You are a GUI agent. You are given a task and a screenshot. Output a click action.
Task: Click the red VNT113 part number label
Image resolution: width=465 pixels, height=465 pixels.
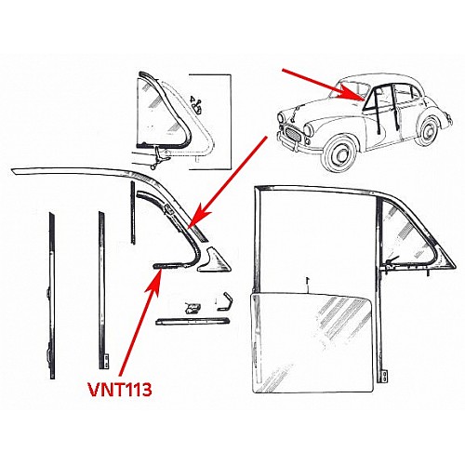tap(120, 390)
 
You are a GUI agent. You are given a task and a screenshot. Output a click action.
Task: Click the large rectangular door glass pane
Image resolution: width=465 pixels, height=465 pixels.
tap(312, 343)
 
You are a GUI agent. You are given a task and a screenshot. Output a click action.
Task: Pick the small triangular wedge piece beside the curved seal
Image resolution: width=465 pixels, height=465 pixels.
tap(214, 260)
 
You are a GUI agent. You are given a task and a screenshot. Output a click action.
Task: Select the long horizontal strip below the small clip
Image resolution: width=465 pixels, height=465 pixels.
tap(193, 322)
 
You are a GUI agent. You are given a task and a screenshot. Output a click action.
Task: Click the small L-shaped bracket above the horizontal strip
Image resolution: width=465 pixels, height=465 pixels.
tap(225, 300)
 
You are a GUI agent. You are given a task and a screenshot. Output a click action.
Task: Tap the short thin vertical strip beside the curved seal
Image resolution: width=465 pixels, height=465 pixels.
tap(133, 213)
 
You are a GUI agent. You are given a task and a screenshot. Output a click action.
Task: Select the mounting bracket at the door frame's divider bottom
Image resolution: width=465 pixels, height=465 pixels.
tap(385, 377)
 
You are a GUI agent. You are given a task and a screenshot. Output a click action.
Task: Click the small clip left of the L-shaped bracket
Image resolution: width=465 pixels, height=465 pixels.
tap(193, 308)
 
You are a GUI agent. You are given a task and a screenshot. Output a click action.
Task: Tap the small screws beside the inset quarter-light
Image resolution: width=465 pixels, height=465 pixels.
tap(196, 105)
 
